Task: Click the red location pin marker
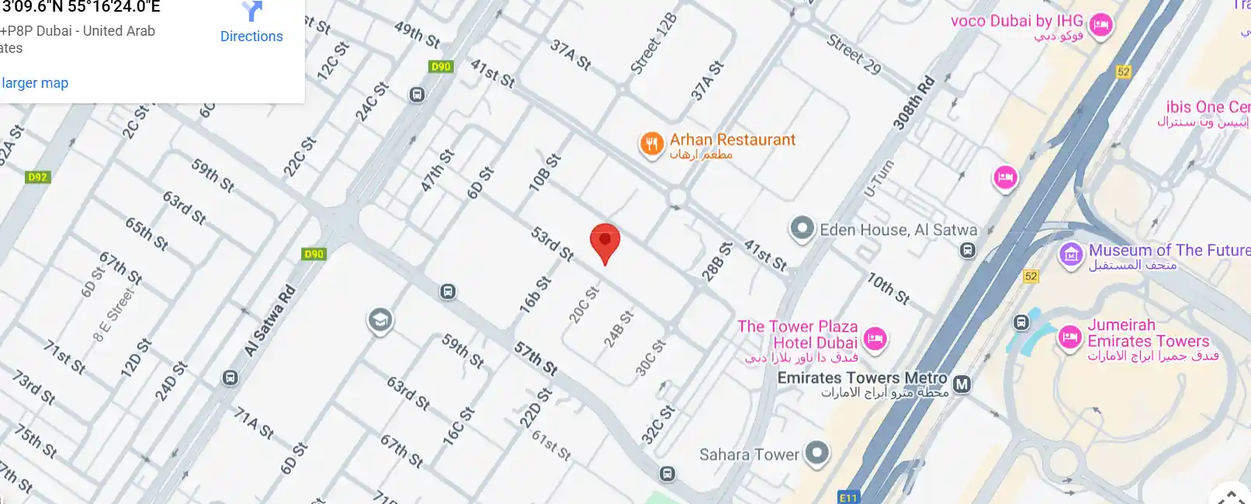(605, 242)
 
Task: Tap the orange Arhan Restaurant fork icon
(651, 144)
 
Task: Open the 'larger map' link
(35, 83)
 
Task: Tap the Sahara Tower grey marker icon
(816, 453)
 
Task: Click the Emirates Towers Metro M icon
(962, 384)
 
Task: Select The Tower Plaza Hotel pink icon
(875, 339)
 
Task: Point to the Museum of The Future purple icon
(1071, 254)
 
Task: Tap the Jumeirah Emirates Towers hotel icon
(1070, 337)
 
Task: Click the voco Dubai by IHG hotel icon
(1100, 25)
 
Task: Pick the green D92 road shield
(37, 177)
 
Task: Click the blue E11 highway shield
(848, 498)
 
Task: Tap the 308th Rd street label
(913, 103)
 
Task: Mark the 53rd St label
(552, 244)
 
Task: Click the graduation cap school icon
(379, 320)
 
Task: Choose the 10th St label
(888, 288)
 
